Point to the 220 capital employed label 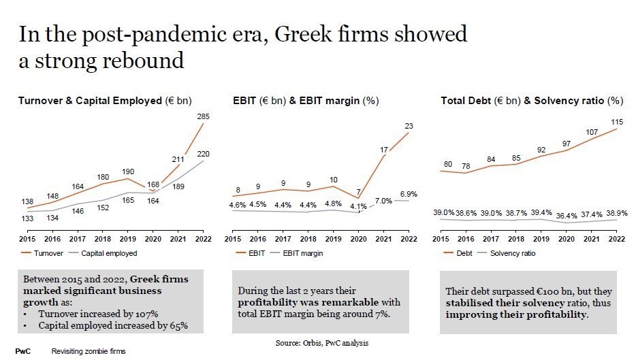pyautogui.click(x=204, y=154)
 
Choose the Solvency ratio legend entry pyautogui.click(x=512, y=253)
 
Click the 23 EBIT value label pyautogui.click(x=408, y=126)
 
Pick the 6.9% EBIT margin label pyautogui.click(x=408, y=194)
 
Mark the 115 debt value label pyautogui.click(x=617, y=122)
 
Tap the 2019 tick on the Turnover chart pyautogui.click(x=129, y=240)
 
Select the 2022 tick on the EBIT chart pyautogui.click(x=408, y=240)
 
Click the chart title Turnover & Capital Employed pyautogui.click(x=90, y=101)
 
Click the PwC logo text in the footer pyautogui.click(x=23, y=351)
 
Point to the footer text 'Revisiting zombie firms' pyautogui.click(x=89, y=351)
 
